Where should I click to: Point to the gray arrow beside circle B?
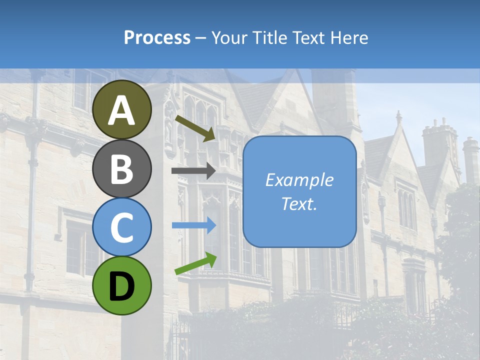[x=193, y=170]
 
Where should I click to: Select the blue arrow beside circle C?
[x=193, y=225]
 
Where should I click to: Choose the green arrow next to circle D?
[x=195, y=264]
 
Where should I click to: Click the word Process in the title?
[x=157, y=37]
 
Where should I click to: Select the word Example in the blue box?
[x=299, y=180]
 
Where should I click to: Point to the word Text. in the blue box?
[x=299, y=203]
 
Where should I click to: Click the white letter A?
[x=122, y=110]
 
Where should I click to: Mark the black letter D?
[x=122, y=286]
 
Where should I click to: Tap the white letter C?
[x=122, y=227]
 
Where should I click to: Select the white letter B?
[x=122, y=169]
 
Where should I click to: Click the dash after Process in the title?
[x=201, y=38]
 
